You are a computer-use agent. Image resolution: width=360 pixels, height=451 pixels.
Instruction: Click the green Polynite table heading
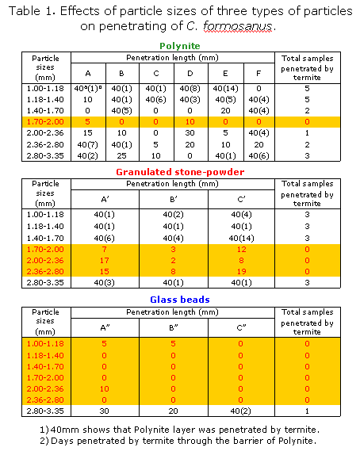(x=180, y=45)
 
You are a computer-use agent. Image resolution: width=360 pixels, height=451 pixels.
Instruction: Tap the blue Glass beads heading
(x=179, y=322)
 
